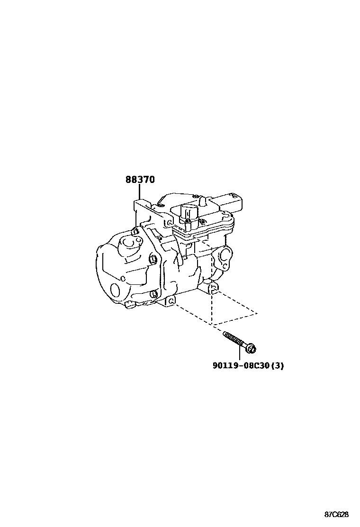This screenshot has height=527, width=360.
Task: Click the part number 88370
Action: pyautogui.click(x=140, y=180)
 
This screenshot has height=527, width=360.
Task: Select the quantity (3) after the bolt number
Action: pyautogui.click(x=278, y=366)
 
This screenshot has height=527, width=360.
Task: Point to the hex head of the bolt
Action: pyautogui.click(x=252, y=349)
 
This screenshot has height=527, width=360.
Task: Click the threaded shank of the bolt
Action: pyautogui.click(x=234, y=340)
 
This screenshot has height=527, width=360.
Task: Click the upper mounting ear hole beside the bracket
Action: pyautogui.click(x=169, y=222)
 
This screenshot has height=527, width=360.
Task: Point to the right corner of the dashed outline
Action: pyautogui.click(x=257, y=313)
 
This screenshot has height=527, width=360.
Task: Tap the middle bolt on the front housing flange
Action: pyautogui.click(x=153, y=259)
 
